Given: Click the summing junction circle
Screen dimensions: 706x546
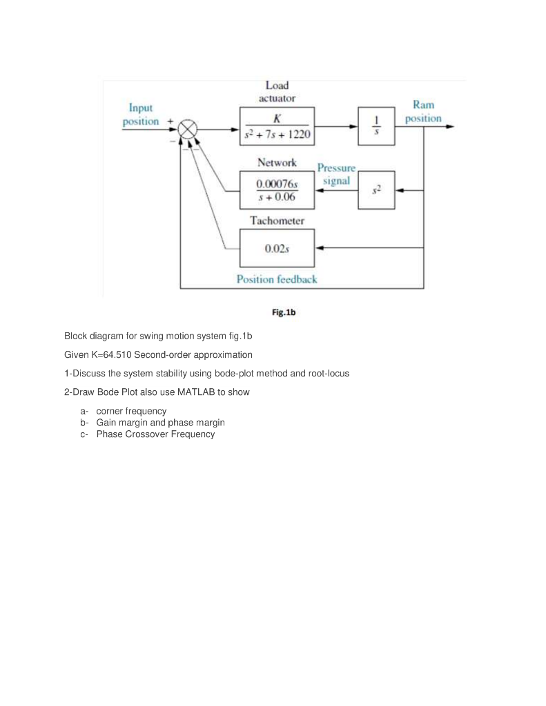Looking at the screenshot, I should (x=187, y=128).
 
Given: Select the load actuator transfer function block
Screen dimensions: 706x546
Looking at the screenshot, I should (x=277, y=127).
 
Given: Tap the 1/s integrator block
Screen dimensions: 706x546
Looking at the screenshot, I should (x=376, y=126).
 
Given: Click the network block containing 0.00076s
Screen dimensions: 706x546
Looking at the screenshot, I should (x=277, y=190).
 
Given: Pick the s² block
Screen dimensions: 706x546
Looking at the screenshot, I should (x=376, y=190).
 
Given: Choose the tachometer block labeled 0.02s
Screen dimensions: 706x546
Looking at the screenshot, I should (x=277, y=248).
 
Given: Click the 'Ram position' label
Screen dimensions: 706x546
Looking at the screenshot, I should (x=423, y=111).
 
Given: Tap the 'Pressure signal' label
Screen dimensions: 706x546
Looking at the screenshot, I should (x=336, y=174).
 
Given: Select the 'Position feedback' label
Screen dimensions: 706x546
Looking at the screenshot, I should (x=277, y=279).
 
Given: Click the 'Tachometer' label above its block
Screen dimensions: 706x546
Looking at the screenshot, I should (x=277, y=221).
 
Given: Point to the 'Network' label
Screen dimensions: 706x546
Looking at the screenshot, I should (x=277, y=163).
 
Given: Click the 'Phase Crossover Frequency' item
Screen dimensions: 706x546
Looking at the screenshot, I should (x=155, y=434).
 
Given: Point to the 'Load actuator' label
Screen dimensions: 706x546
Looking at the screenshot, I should (x=277, y=92).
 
